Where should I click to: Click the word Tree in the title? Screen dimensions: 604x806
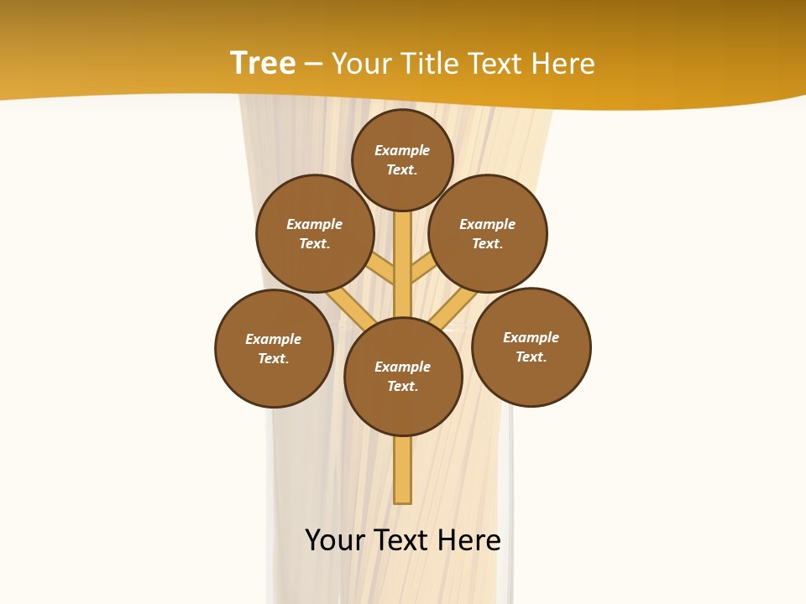click(x=262, y=64)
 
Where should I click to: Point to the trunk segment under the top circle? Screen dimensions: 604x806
click(x=403, y=252)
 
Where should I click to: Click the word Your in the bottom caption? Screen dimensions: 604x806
click(x=335, y=540)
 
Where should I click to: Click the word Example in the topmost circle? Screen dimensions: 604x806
click(x=402, y=150)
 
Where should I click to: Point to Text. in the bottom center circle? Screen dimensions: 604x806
click(x=402, y=386)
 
